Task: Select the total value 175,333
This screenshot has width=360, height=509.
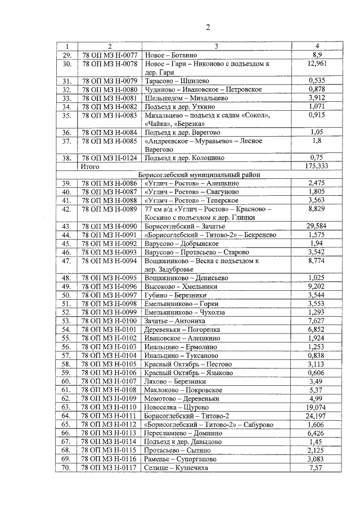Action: (x=317, y=167)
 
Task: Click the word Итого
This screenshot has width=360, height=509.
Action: (x=90, y=167)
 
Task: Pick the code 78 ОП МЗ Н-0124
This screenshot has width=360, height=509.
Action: (x=110, y=159)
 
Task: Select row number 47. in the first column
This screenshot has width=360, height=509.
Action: (x=67, y=261)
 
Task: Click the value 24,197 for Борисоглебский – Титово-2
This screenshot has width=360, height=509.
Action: (x=317, y=415)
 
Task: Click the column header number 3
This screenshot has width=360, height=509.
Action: (x=216, y=46)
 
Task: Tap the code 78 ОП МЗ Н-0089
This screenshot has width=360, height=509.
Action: (x=110, y=209)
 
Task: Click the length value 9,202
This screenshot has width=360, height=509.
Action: (x=317, y=286)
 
